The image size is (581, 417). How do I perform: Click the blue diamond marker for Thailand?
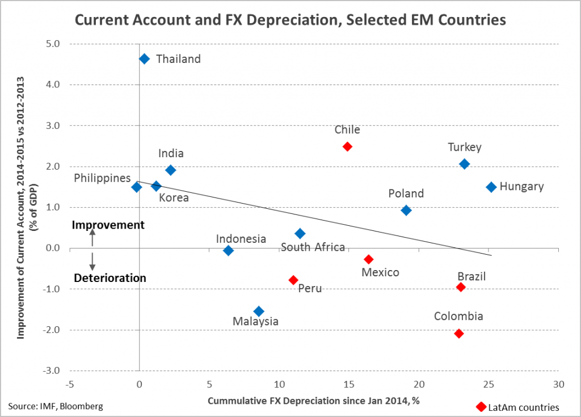point(144,59)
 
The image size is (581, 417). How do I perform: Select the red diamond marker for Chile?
point(347,146)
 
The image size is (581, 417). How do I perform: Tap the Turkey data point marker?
point(464,164)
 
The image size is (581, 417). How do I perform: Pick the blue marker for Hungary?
point(491,187)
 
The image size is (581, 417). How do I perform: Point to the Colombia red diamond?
point(458,334)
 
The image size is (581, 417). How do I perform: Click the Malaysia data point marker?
point(259,311)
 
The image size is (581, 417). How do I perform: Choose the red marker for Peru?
point(293,280)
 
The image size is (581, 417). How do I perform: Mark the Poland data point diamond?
point(406,210)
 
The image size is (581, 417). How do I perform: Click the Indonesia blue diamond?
point(228,251)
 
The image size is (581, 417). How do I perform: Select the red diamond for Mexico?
point(368,259)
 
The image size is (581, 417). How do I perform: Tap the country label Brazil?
point(471,276)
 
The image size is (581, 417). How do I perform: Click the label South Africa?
point(313,247)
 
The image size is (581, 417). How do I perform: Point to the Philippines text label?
point(102,178)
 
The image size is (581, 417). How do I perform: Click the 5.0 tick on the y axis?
point(53,44)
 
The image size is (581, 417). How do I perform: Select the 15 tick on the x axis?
point(349,385)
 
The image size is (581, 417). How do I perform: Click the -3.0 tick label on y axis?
point(51,370)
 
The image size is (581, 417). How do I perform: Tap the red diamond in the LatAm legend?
point(481,407)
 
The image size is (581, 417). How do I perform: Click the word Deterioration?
point(110,278)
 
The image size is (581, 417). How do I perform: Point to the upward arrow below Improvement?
point(92,238)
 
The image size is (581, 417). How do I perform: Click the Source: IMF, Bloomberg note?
point(56,406)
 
